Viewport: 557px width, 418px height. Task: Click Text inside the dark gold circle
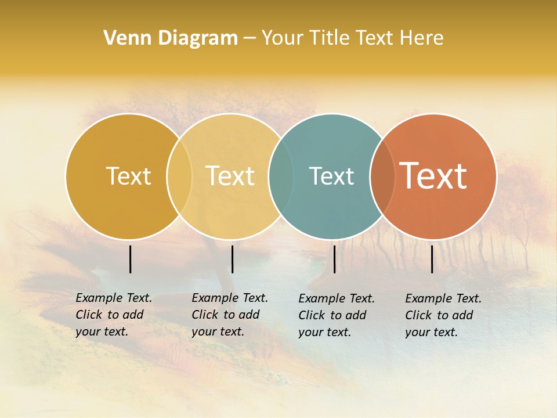[128, 176]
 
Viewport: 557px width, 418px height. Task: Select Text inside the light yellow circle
[230, 176]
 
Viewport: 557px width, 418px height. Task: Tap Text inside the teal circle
[331, 176]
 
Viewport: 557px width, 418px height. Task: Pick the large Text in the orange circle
[433, 176]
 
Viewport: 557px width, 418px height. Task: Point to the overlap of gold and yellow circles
[179, 176]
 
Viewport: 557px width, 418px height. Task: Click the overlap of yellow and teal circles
[281, 176]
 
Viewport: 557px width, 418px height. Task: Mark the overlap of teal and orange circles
[382, 176]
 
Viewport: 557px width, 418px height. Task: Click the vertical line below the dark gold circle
[130, 259]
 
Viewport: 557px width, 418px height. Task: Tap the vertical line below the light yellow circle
[232, 259]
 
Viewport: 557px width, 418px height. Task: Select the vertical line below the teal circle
[335, 259]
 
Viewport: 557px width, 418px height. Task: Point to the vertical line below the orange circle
[432, 259]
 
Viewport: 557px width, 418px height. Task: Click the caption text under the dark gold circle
[114, 315]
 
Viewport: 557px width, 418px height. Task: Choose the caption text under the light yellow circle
[230, 315]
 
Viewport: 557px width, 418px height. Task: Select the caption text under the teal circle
[337, 315]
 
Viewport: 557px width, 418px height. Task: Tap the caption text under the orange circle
[443, 315]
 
